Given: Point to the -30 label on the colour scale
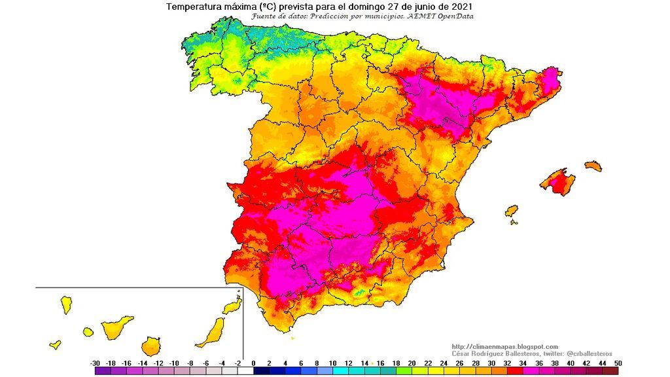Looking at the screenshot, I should click(x=96, y=363).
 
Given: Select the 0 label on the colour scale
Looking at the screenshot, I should click(x=253, y=363).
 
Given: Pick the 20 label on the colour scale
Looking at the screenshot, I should click(x=412, y=363).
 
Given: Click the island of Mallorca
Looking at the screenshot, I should click(x=558, y=181).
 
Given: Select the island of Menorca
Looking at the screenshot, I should click(x=593, y=166).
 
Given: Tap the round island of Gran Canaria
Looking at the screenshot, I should click(x=151, y=346).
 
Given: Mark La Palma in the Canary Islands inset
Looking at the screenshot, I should click(x=66, y=304).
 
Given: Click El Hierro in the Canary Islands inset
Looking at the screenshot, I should click(x=55, y=344).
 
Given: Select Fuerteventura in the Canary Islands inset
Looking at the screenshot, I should click(x=211, y=332).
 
